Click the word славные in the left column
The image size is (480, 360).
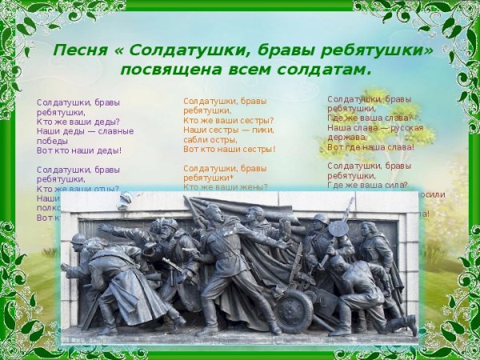[x=115, y=131]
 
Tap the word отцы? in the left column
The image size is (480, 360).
[x=103, y=189]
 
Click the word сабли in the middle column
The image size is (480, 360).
[x=198, y=139]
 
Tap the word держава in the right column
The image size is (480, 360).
[x=346, y=137]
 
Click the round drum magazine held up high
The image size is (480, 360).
[x=339, y=227]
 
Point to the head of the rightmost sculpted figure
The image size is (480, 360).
[x=368, y=229]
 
